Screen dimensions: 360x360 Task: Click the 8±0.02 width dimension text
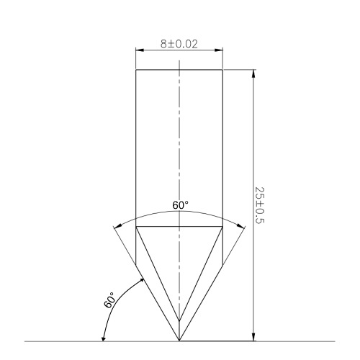pos(179,44)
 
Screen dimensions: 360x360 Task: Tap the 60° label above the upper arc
pos(180,206)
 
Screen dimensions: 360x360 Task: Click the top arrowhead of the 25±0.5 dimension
pos(253,73)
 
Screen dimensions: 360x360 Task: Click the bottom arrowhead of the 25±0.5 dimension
pos(253,336)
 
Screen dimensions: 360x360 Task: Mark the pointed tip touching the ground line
pos(179,341)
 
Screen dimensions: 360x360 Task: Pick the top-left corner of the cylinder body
pos(136,69)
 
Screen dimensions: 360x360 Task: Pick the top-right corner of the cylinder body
pos(222,69)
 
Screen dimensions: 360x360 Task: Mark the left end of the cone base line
pos(136,227)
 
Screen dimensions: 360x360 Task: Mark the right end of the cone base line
pos(222,227)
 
